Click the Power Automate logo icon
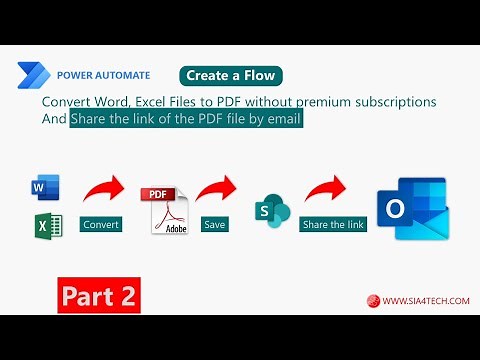point(32,75)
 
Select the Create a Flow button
point(231,76)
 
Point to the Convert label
point(100,225)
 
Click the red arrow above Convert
point(103,190)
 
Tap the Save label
point(214,225)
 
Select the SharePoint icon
point(272,211)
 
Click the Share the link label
point(333,225)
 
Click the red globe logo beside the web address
point(373,300)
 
